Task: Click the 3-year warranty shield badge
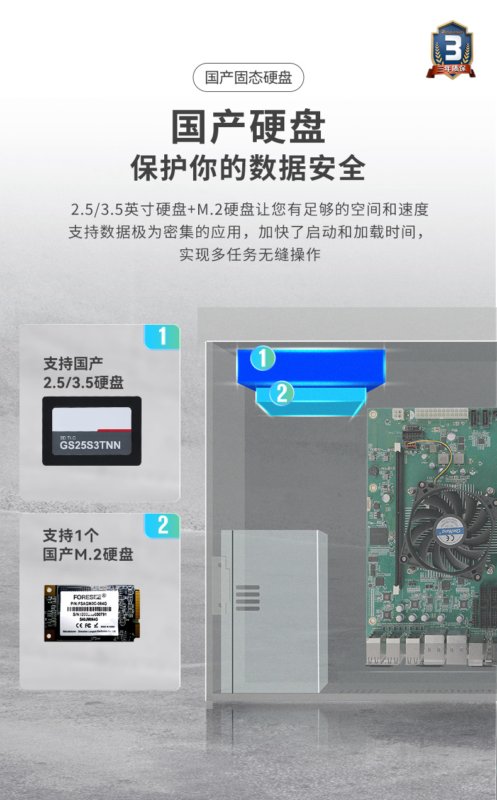coord(452,50)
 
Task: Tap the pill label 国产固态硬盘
coord(248,78)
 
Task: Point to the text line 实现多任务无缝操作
coord(250,254)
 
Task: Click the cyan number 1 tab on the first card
coord(162,337)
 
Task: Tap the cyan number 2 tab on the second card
coord(162,525)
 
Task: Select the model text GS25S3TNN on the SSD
coord(90,446)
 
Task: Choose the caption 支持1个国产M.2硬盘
coord(88,545)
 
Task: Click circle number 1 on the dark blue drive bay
coord(263,358)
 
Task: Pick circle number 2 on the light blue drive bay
coord(281,393)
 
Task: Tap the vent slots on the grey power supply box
coord(248,597)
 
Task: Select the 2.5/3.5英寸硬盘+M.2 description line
coord(250,210)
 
